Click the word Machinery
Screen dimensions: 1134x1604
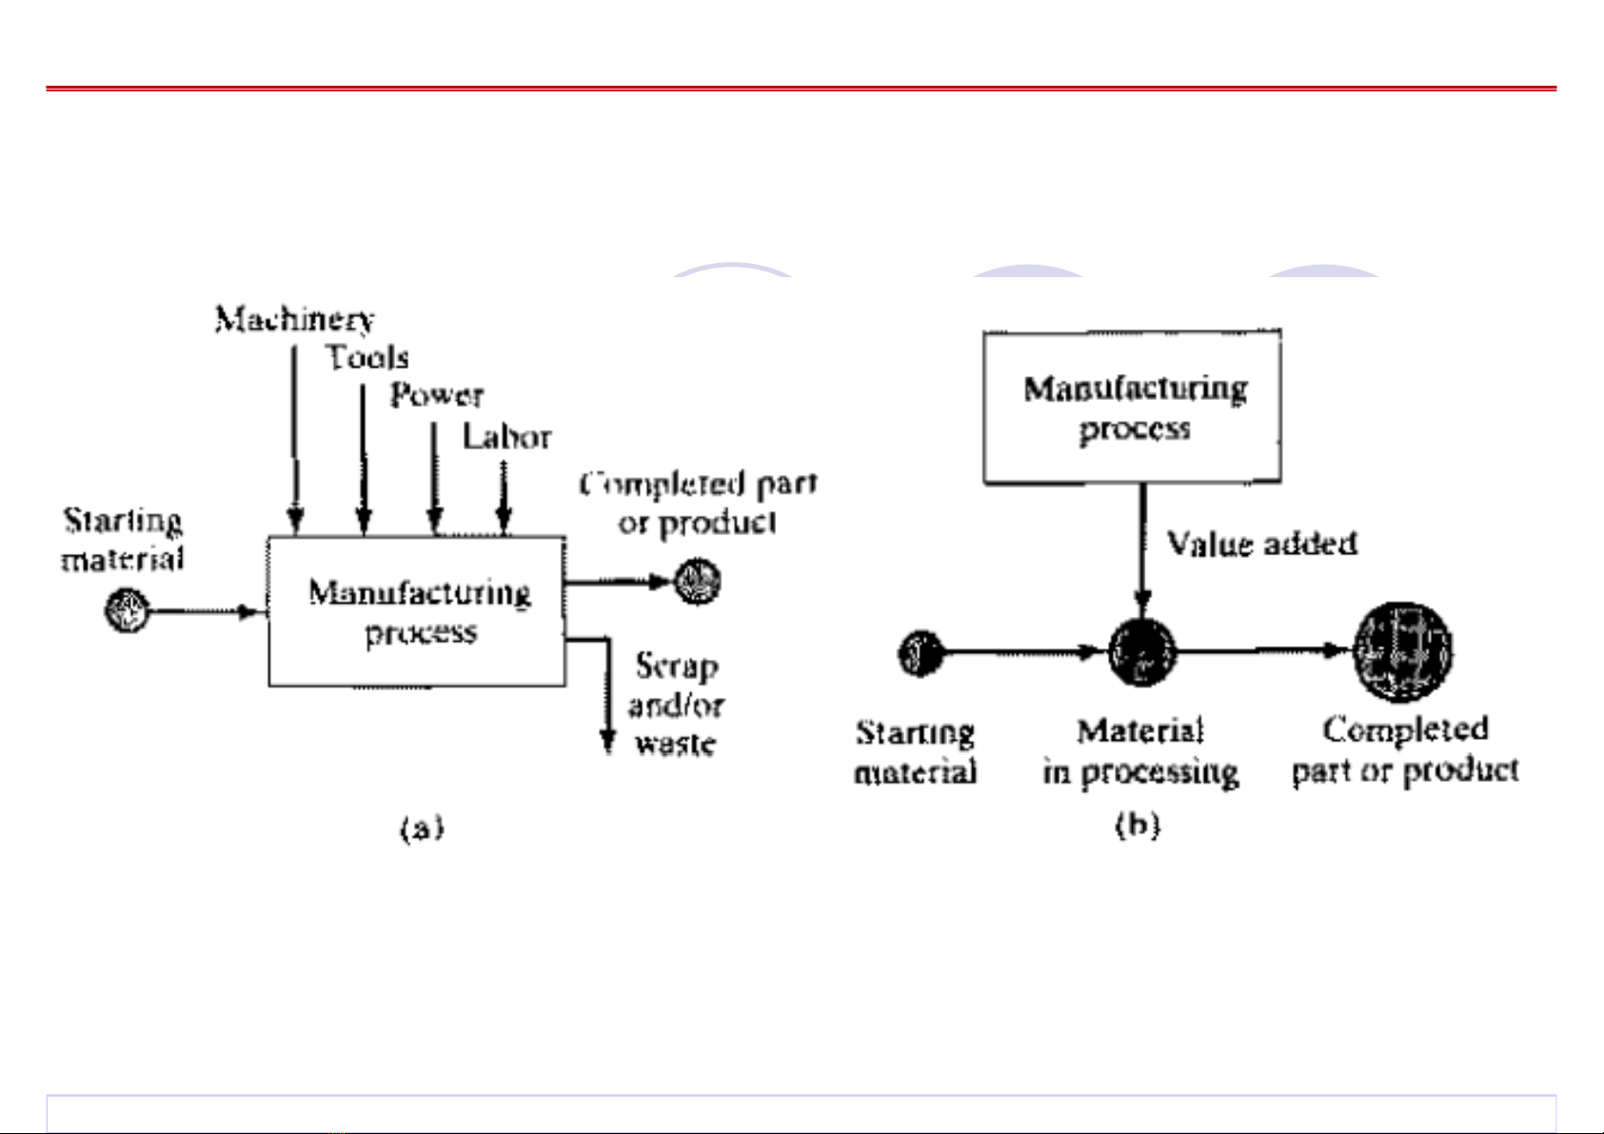(x=294, y=319)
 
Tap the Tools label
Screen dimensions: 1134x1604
(x=367, y=358)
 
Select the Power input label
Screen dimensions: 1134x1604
(x=437, y=395)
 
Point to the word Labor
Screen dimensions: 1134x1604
(x=506, y=437)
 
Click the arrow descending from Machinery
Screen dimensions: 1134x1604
(x=295, y=438)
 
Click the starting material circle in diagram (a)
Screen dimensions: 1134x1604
(x=127, y=609)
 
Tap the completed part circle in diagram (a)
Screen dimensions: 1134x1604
(x=698, y=582)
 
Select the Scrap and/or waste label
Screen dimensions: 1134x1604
(x=676, y=705)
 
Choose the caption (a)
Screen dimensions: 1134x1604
(x=422, y=827)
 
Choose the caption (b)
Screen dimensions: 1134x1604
(x=1138, y=824)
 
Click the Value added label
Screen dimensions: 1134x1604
(x=1261, y=544)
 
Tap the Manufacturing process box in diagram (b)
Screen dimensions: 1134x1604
(x=1133, y=408)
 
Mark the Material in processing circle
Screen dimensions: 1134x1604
(x=1142, y=652)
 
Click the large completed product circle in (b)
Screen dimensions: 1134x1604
(x=1402, y=652)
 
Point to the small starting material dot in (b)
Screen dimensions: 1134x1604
(x=921, y=653)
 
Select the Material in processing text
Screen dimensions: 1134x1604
(x=1140, y=751)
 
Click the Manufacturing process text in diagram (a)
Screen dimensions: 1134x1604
(x=419, y=612)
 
